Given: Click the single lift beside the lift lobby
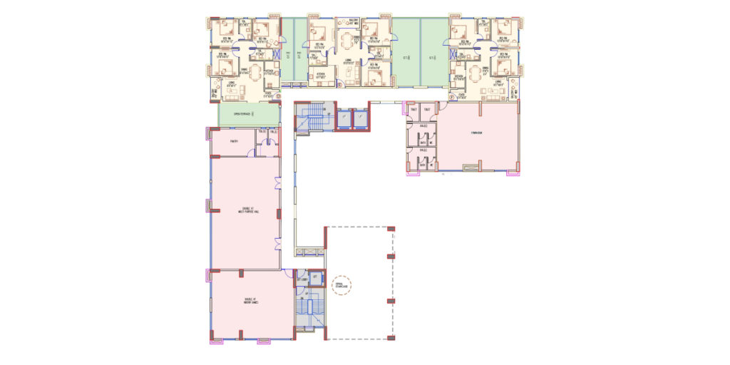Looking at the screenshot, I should (315, 277).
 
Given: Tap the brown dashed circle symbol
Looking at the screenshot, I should (341, 286).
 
